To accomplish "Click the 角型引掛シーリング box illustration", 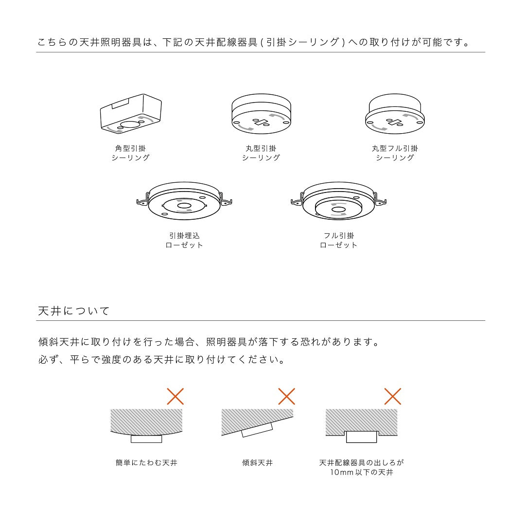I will click(130, 114).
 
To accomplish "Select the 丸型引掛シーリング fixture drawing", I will click(261, 113).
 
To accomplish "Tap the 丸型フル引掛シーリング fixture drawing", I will click(395, 114).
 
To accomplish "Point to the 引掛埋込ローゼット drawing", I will click(184, 202).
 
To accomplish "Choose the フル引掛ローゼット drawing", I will click(338, 202).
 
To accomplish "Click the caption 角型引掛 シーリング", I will click(130, 153).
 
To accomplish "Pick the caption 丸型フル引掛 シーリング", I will click(395, 153).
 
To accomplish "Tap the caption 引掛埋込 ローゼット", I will click(184, 240).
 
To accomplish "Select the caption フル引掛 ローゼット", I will click(338, 240).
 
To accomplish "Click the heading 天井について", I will click(74, 311).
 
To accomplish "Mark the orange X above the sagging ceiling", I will click(175, 396).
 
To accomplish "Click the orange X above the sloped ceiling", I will click(286, 396).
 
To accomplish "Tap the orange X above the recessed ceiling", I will click(392, 396).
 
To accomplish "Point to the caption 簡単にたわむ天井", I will click(146, 463).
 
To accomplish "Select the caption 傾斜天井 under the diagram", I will click(257, 463).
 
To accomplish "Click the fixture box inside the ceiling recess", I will click(361, 437).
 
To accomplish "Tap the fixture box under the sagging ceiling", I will click(146, 438).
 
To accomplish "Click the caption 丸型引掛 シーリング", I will click(261, 153).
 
